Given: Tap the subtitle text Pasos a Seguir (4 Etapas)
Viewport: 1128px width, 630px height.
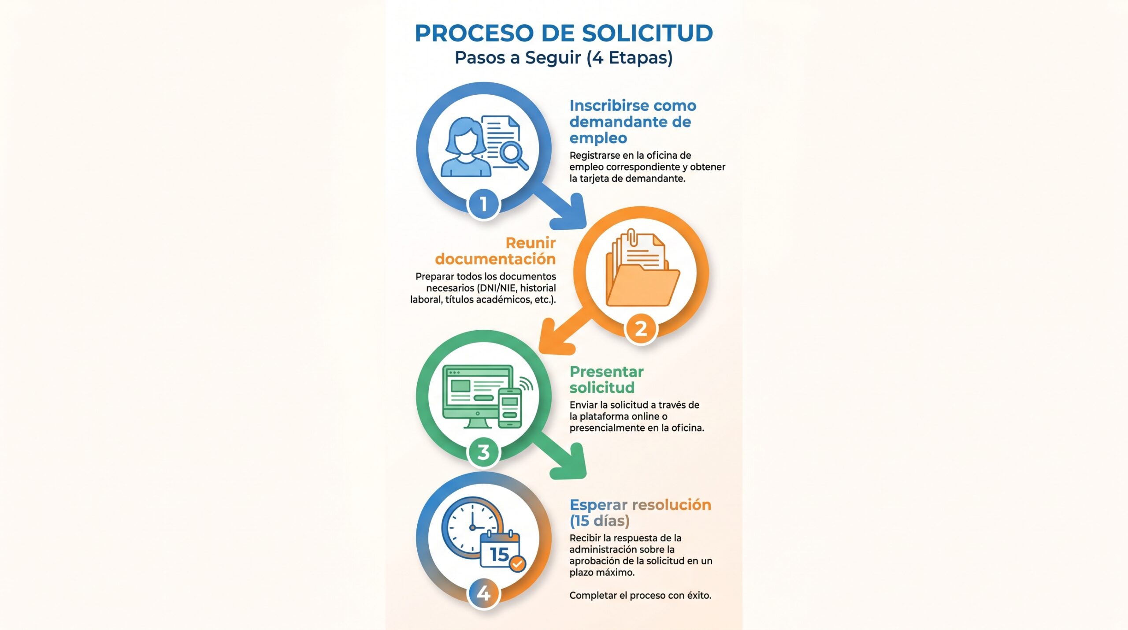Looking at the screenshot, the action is click(564, 58).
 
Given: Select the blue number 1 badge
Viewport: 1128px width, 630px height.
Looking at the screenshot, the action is click(483, 204).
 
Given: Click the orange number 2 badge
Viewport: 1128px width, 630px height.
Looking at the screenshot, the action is click(641, 328).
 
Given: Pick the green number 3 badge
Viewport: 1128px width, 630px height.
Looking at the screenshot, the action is click(483, 452).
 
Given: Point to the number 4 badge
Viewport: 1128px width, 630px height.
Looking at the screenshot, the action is click(483, 593).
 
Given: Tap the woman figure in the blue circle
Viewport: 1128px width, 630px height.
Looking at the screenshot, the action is click(465, 147).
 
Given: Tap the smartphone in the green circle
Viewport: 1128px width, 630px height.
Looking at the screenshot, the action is click(510, 408).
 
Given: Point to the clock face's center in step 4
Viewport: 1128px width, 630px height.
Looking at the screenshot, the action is click(472, 527).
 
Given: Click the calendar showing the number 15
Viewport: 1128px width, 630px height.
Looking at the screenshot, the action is click(500, 551).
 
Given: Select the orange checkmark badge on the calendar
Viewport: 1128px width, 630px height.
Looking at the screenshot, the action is click(517, 563).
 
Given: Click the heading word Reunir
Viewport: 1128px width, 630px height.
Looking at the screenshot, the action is click(531, 243).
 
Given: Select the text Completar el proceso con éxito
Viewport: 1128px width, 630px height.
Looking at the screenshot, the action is click(640, 596).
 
